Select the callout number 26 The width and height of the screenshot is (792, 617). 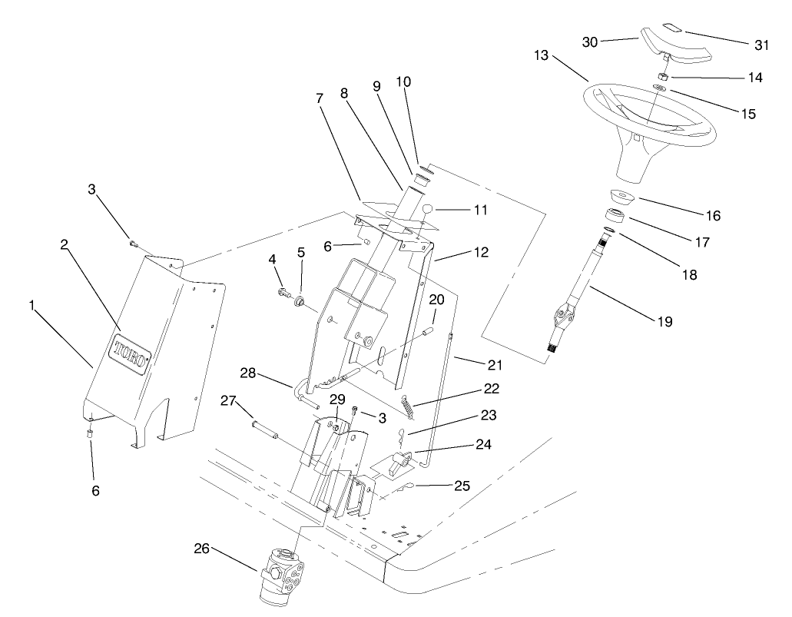tap(201, 549)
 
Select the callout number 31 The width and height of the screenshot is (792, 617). tap(761, 45)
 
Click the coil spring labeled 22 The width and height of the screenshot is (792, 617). tap(409, 405)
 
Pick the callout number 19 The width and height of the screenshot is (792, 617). tap(664, 322)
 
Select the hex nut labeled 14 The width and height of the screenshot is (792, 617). tap(661, 78)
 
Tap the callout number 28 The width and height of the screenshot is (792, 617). tap(247, 373)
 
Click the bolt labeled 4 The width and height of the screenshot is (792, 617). tap(283, 292)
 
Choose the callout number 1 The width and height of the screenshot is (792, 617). tap(32, 305)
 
